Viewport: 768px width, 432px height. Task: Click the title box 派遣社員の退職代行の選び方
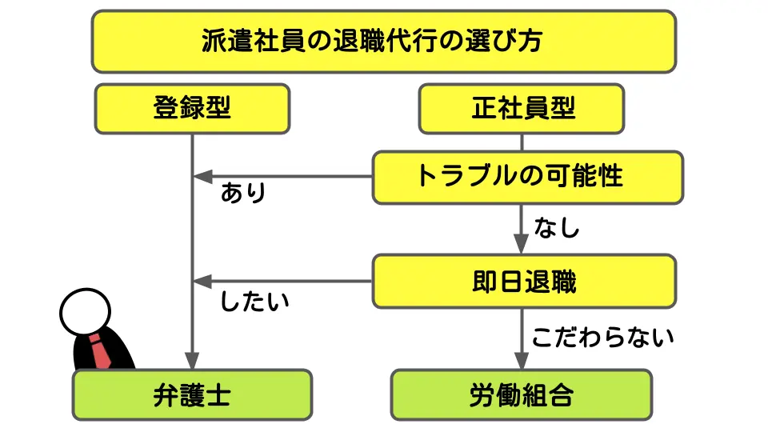coord(384,42)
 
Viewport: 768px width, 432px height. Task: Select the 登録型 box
coord(192,108)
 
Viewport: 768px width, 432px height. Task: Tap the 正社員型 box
coord(522,108)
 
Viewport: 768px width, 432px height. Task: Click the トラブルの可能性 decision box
coord(528,176)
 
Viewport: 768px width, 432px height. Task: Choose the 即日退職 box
coord(524,282)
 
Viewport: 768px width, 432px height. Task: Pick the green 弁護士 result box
coord(192,394)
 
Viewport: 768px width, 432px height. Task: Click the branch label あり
coord(243,194)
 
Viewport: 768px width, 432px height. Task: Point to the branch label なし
coord(558,228)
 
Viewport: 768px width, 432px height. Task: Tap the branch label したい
coord(254,303)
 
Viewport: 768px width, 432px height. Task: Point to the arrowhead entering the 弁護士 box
coord(192,361)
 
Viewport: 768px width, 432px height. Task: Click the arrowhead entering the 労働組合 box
coord(522,361)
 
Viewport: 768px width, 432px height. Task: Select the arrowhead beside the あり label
coord(201,176)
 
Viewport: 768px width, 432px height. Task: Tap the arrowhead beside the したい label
coord(201,282)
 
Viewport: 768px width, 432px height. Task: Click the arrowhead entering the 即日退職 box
coord(522,246)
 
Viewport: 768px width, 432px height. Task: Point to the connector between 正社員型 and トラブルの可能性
coord(522,142)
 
